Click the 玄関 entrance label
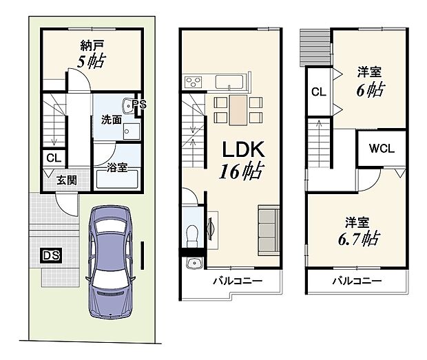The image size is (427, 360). pyautogui.click(x=66, y=181)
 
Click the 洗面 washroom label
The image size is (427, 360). pyautogui.click(x=112, y=118)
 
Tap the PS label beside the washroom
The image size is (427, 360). pyautogui.click(x=140, y=105)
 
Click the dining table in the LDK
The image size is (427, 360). pyautogui.click(x=238, y=109)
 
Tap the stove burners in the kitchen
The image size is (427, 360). pyautogui.click(x=191, y=83)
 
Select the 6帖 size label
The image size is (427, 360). pyautogui.click(x=371, y=88)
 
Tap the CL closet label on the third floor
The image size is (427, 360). pyautogui.click(x=318, y=92)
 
